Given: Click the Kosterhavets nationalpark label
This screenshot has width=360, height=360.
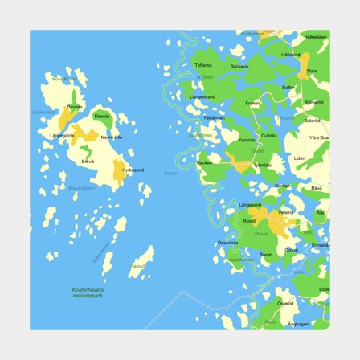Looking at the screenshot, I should coord(84,292).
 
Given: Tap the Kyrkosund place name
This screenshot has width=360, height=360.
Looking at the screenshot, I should coord(133,170).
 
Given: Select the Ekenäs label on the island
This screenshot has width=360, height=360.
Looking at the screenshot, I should coord(102,116).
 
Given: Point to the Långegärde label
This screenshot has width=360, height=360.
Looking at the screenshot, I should coord(62,136).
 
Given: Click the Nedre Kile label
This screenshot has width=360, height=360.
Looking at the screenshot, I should coord(112,137).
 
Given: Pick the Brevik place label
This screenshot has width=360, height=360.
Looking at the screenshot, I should coord(88,162).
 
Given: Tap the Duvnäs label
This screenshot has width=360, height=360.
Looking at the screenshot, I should coord(74,107).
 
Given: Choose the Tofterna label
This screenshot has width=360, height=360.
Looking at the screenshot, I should coord(204,65).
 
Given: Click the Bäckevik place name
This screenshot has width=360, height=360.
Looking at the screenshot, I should coord(239,66).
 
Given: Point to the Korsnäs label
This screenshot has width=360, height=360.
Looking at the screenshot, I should coord(247,141).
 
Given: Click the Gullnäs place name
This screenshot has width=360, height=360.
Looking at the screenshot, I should coord(268,136).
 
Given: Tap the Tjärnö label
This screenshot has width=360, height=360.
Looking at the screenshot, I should coord(263,165).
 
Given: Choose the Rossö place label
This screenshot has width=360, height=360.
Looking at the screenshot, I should coord(250,220).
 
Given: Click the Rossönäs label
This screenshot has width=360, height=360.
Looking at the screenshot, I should coord(227,242).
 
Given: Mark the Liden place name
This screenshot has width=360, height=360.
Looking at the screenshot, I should coord(299,158).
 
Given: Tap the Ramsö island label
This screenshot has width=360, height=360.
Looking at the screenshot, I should coord(138,266).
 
